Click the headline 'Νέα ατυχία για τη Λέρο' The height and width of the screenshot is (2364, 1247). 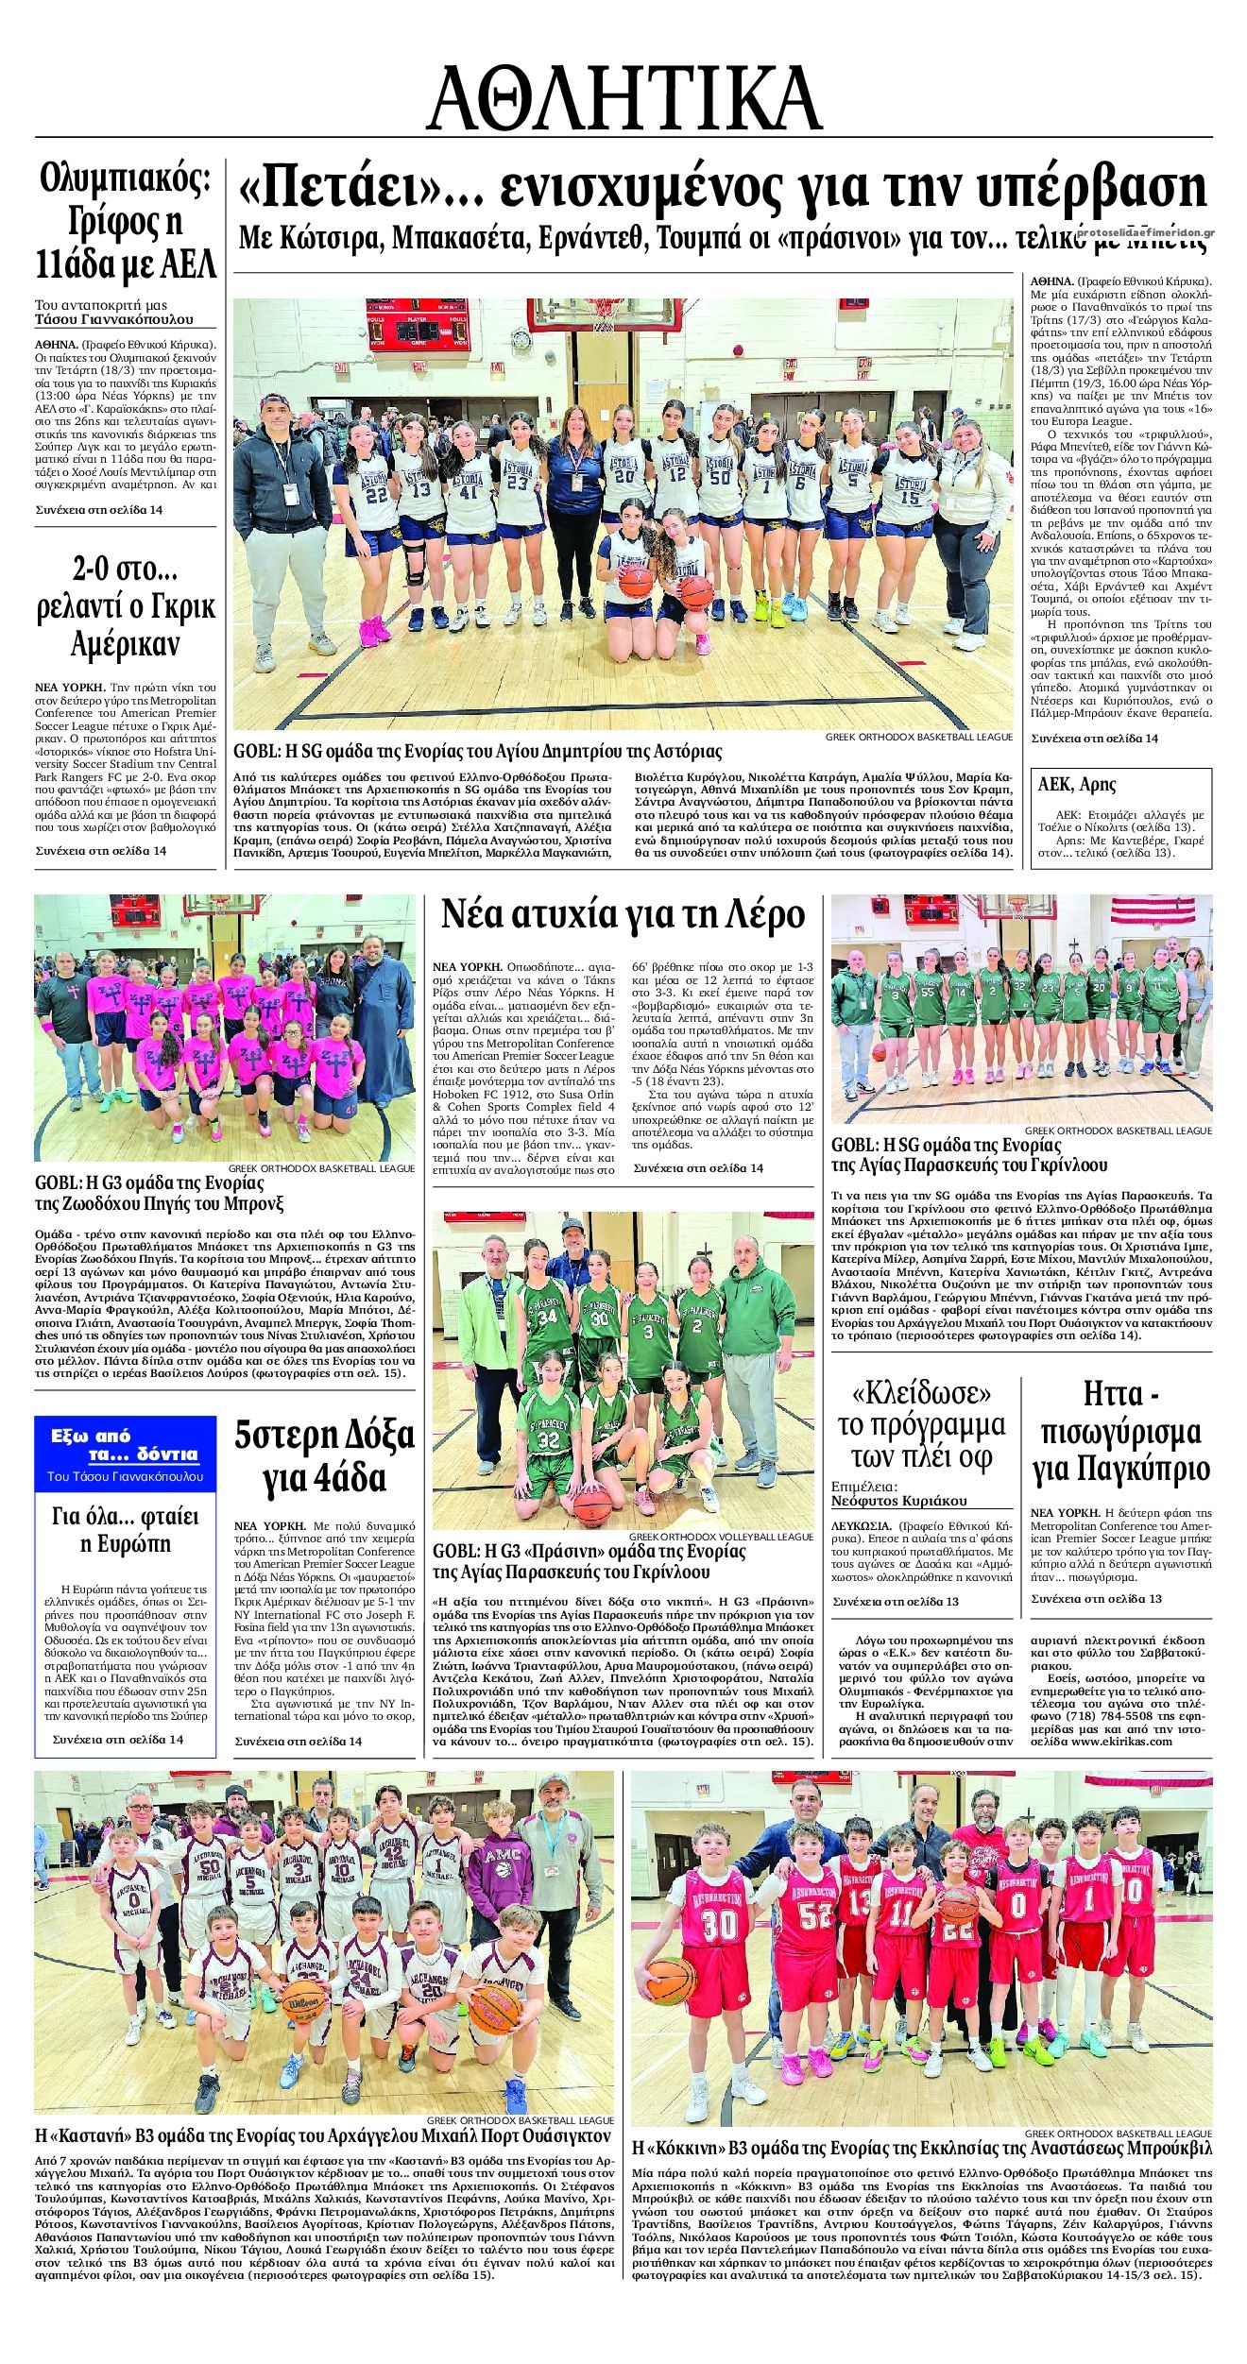pyautogui.click(x=623, y=915)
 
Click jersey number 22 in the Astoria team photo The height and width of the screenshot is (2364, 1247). pyautogui.click(x=376, y=495)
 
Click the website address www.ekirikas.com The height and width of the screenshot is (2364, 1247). pyautogui.click(x=1122, y=1741)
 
